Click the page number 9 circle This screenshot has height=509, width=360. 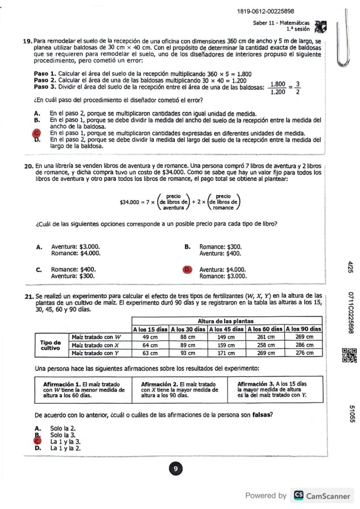tap(175, 469)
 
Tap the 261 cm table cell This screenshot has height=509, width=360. tap(265, 337)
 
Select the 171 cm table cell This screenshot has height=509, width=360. tap(227, 353)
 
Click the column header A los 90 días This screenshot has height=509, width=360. tap(303, 329)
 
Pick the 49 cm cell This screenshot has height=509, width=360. tap(150, 337)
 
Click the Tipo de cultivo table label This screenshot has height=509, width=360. tap(51, 345)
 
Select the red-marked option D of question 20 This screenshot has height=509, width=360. tap(187, 269)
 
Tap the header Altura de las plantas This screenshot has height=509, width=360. tap(227, 321)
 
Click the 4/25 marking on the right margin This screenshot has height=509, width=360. tap(350, 266)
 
